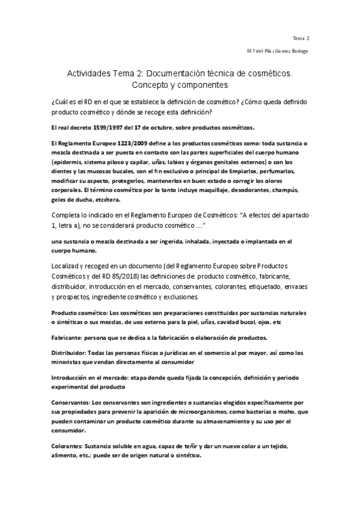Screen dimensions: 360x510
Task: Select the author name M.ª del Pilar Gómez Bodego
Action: [x=277, y=51]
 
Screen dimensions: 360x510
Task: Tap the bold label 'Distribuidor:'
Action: [x=69, y=352]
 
